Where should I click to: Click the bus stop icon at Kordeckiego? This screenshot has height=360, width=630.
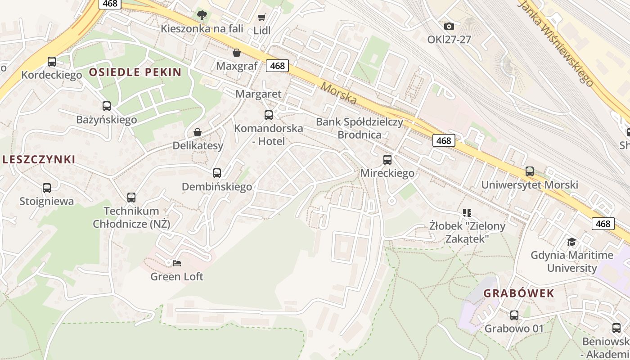(52, 62)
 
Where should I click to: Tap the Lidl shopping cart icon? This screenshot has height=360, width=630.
(261, 18)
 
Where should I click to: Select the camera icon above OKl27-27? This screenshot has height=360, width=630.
(449, 27)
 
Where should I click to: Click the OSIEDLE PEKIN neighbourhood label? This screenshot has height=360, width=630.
(135, 72)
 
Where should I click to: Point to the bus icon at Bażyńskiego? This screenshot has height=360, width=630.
(106, 106)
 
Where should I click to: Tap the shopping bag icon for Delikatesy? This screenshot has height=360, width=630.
(197, 132)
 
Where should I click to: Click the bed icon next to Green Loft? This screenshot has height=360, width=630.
(177, 263)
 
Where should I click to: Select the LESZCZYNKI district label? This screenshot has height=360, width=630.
(38, 159)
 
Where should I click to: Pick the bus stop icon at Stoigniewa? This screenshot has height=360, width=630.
(47, 188)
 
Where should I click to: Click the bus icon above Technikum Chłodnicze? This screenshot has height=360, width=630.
(131, 198)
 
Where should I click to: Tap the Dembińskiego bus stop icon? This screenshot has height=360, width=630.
(217, 173)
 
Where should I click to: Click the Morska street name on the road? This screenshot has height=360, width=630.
(339, 94)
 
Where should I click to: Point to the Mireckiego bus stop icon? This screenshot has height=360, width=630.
(387, 160)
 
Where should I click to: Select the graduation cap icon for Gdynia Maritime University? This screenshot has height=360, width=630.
(571, 242)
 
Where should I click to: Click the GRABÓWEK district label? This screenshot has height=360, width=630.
(519, 293)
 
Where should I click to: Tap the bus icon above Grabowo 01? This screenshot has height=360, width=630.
(514, 315)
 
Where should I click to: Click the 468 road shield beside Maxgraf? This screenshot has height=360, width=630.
(277, 66)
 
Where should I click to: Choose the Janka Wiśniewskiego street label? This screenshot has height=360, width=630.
(556, 43)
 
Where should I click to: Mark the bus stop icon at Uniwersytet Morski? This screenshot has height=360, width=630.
(530, 171)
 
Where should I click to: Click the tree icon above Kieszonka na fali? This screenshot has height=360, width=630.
(202, 15)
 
